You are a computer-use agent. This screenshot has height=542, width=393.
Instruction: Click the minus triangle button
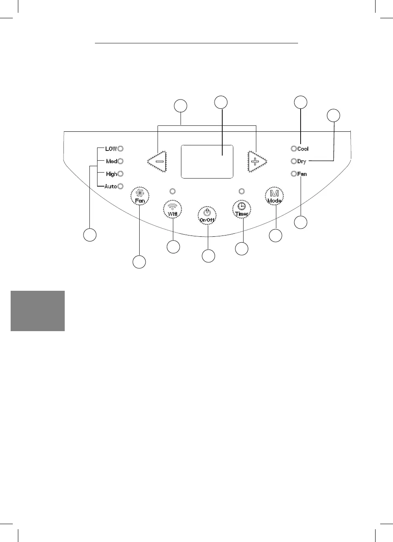[x=157, y=162]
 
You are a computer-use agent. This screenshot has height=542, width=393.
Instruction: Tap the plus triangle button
[x=256, y=162]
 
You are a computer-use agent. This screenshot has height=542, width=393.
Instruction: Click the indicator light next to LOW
[x=120, y=149]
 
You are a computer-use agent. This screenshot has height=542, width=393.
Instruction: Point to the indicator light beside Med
[x=120, y=161]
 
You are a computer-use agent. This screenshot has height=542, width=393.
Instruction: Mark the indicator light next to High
[x=120, y=173]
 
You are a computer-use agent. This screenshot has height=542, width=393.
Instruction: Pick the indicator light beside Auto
[x=120, y=186]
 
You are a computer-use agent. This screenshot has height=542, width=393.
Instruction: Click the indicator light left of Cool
[x=293, y=149]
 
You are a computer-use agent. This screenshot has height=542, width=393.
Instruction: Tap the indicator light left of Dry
[x=293, y=162]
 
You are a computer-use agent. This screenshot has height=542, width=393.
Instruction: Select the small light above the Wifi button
[x=172, y=190]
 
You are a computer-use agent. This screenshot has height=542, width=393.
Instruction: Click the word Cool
[x=303, y=149]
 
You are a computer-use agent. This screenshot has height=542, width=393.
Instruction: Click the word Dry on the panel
[x=302, y=162]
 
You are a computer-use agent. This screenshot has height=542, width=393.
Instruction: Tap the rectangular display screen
[x=207, y=162]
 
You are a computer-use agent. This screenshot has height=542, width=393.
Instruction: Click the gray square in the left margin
[x=37, y=311]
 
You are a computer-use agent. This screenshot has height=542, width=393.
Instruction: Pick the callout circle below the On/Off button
[x=208, y=256]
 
